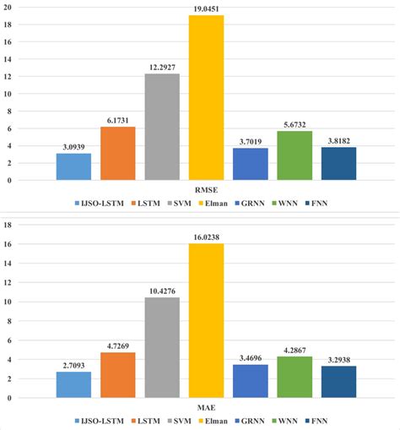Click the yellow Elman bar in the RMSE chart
coord(206,98)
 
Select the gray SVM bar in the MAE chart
coord(162,347)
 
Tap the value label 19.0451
coord(206,9)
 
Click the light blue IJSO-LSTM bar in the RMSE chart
coord(73,166)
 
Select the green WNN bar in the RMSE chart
coord(295,155)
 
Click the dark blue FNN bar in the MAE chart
coord(338,382)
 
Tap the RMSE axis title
coord(206,191)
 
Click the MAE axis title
coord(206,409)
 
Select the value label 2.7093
coord(73,366)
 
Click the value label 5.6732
coord(295,125)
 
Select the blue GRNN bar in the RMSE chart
coord(251,164)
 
